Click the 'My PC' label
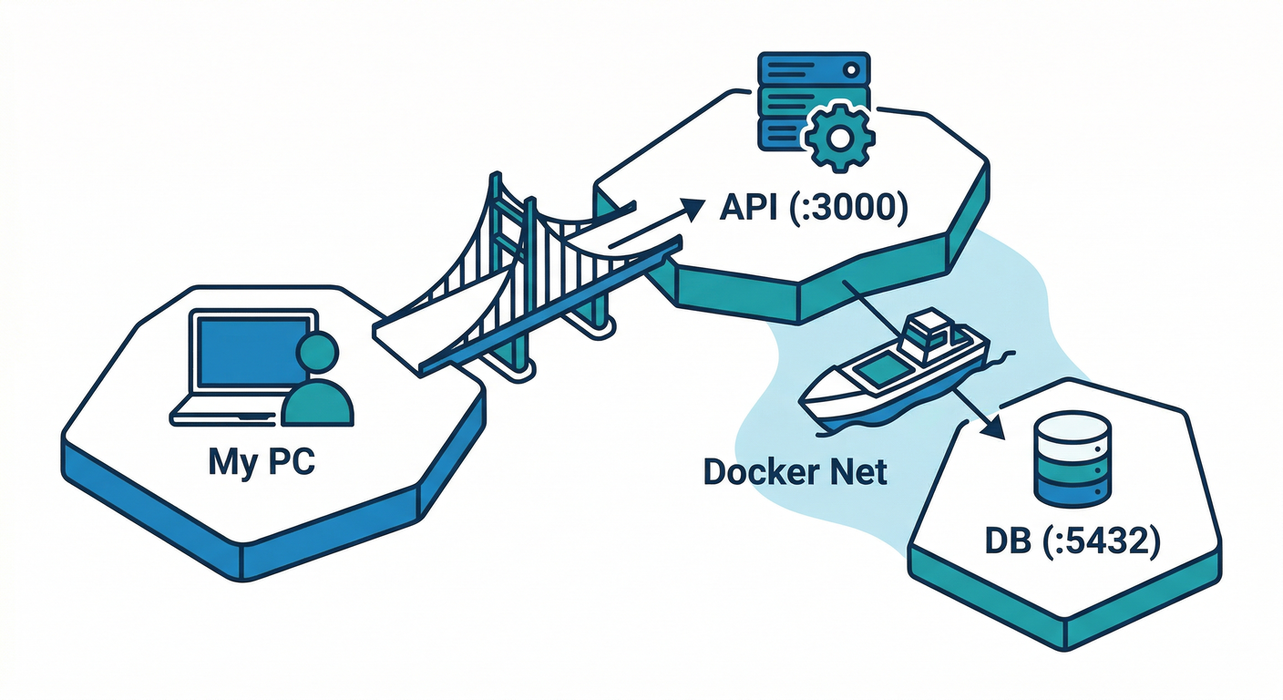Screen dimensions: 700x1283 tap(262, 461)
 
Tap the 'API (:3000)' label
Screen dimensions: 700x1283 tap(814, 209)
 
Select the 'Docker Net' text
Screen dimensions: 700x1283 tap(795, 472)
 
